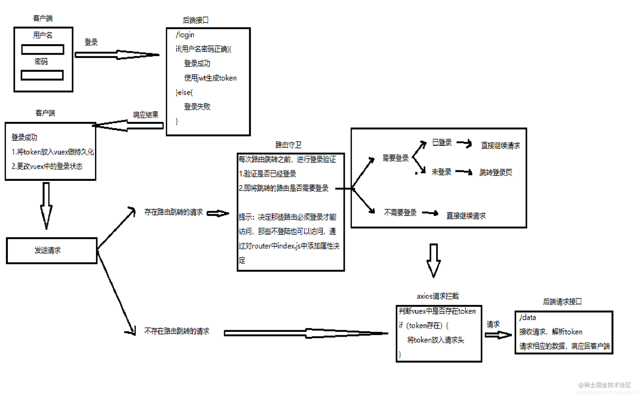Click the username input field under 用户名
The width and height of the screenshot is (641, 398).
43,49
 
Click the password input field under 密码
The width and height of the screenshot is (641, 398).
42,75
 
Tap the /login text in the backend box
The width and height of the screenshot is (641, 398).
185,35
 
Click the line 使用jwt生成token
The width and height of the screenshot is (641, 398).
210,78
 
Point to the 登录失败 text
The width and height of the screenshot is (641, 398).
197,106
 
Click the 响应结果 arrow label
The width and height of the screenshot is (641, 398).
146,115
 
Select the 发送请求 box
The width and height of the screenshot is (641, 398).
52,251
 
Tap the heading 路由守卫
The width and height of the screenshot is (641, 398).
288,145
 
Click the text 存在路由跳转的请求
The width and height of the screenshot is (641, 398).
174,212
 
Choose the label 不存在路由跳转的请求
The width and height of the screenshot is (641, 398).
177,331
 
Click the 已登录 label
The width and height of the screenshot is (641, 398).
442,142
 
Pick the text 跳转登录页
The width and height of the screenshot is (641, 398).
495,172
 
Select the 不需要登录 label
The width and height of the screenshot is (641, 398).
400,213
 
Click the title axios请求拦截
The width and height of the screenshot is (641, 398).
437,296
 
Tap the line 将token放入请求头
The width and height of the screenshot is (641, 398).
436,340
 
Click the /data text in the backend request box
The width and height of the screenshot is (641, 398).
528,317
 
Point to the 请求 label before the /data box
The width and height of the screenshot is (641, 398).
493,324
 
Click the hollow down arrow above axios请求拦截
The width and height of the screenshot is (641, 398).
434,260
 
